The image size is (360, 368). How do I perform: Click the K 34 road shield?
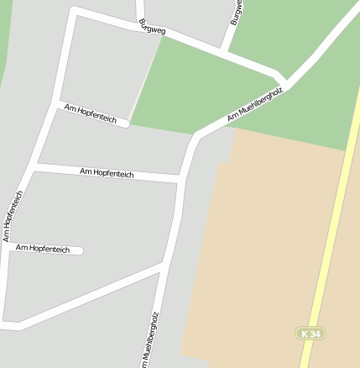point(310,334)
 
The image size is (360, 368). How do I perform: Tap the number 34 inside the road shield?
point(315,334)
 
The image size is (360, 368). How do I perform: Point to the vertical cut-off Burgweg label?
point(237,12)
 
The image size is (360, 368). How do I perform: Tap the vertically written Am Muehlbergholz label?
point(152,340)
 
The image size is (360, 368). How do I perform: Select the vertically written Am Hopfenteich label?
point(13,216)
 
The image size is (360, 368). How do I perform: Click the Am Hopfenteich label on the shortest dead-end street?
point(42,249)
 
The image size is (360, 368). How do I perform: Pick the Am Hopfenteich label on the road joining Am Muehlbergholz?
point(106,172)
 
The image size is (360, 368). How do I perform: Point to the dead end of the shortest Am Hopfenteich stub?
point(81,250)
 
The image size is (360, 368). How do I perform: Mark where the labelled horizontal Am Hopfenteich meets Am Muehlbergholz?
point(181,179)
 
